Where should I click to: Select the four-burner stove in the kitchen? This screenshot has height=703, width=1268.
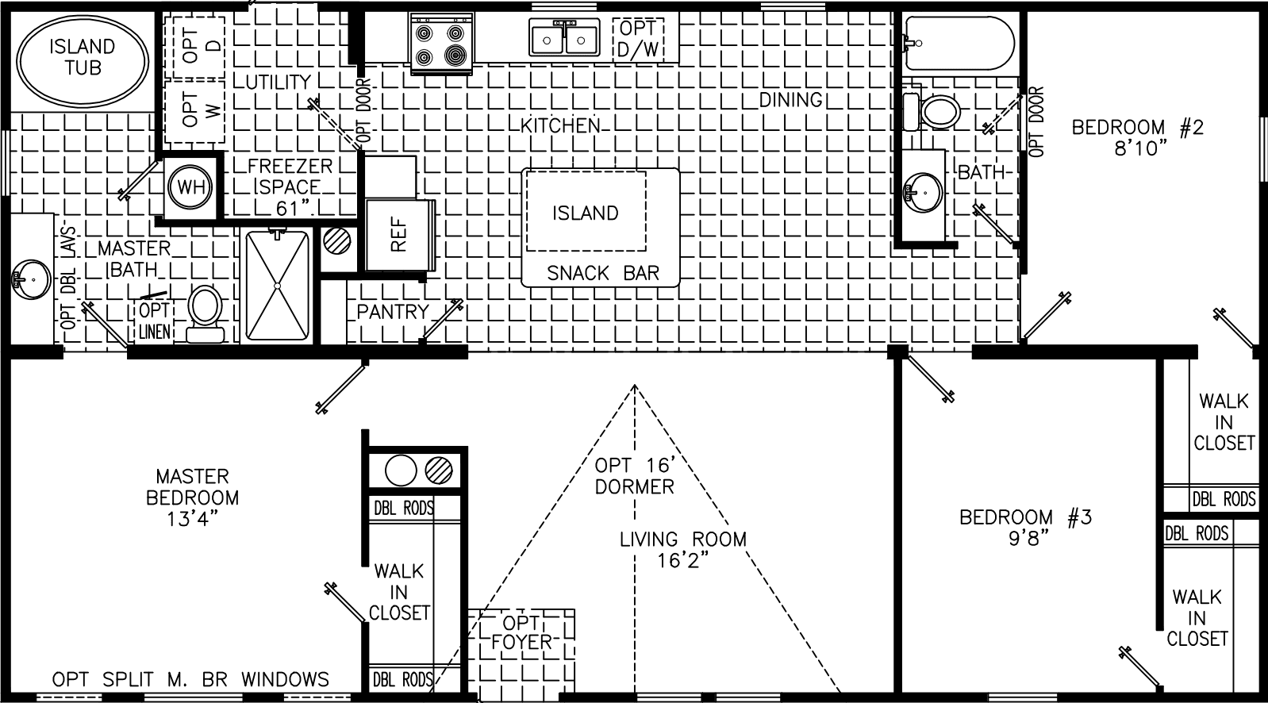click(x=440, y=44)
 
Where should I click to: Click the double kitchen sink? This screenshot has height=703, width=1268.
click(x=564, y=38)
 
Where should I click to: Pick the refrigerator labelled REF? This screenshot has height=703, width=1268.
click(x=398, y=235)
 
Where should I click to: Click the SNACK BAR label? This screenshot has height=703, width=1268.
click(x=603, y=273)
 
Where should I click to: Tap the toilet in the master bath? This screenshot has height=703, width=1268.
click(x=205, y=312)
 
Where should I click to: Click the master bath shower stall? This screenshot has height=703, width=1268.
click(x=277, y=286)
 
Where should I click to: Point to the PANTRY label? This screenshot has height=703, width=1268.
click(x=392, y=312)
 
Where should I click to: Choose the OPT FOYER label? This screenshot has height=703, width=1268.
click(x=521, y=632)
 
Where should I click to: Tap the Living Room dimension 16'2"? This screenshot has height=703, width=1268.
click(x=682, y=561)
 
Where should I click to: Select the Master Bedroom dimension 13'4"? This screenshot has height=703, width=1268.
click(x=192, y=519)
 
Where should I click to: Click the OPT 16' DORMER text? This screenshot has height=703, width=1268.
click(x=634, y=475)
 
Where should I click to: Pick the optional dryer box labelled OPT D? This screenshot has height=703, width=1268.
click(x=193, y=45)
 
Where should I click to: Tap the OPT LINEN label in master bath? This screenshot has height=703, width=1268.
click(x=154, y=321)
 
